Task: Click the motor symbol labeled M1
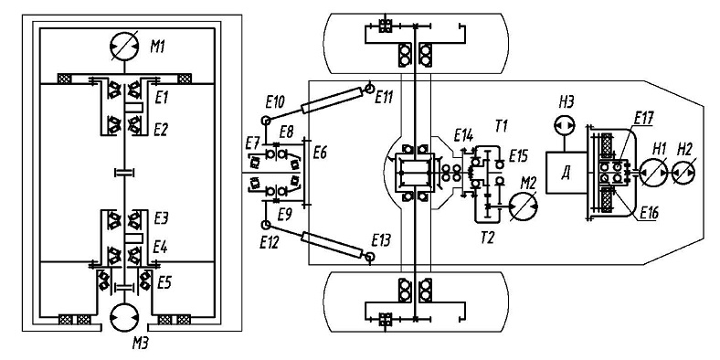pyautogui.click(x=124, y=47)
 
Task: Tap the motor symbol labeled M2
pyautogui.click(x=524, y=207)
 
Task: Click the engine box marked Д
pyautogui.click(x=566, y=173)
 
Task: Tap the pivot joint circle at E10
pyautogui.click(x=265, y=121)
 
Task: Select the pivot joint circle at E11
pyautogui.click(x=370, y=88)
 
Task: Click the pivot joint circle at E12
pyautogui.click(x=265, y=225)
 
